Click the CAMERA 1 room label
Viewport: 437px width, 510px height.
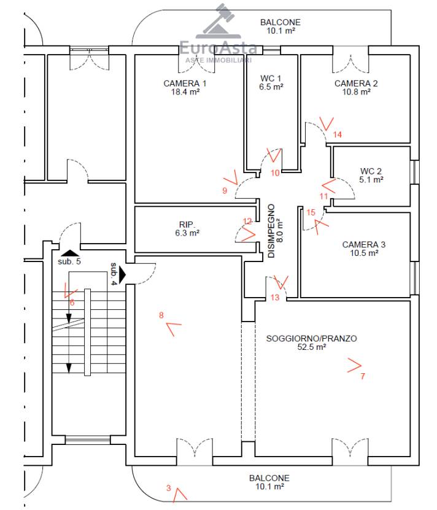pyautogui.click(x=185, y=83)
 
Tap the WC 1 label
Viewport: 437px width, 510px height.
pyautogui.click(x=271, y=79)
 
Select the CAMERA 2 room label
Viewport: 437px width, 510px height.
pyautogui.click(x=356, y=83)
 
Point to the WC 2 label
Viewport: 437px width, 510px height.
pyautogui.click(x=371, y=171)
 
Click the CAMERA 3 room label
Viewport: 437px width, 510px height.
pyautogui.click(x=364, y=245)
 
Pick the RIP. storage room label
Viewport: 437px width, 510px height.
pyautogui.click(x=187, y=225)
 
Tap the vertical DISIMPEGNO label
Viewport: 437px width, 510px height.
pyautogui.click(x=271, y=231)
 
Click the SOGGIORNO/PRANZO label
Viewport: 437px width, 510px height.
pyautogui.click(x=311, y=339)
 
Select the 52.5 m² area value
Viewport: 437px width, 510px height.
pyautogui.click(x=311, y=347)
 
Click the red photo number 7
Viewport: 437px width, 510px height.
pyautogui.click(x=363, y=376)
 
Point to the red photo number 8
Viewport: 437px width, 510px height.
pyautogui.click(x=161, y=315)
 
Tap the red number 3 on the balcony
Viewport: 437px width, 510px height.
pyautogui.click(x=169, y=488)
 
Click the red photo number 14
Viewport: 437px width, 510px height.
pyautogui.click(x=338, y=134)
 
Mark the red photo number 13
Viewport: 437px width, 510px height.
pyautogui.click(x=275, y=297)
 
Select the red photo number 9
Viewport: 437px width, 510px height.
pyautogui.click(x=225, y=191)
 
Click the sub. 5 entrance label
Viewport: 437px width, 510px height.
pyautogui.click(x=69, y=261)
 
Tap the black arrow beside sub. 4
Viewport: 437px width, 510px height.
pyautogui.click(x=122, y=275)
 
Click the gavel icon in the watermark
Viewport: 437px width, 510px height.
pyautogui.click(x=218, y=20)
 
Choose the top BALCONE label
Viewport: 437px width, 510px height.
pyautogui.click(x=280, y=23)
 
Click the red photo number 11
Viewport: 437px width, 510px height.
pyautogui.click(x=323, y=196)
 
